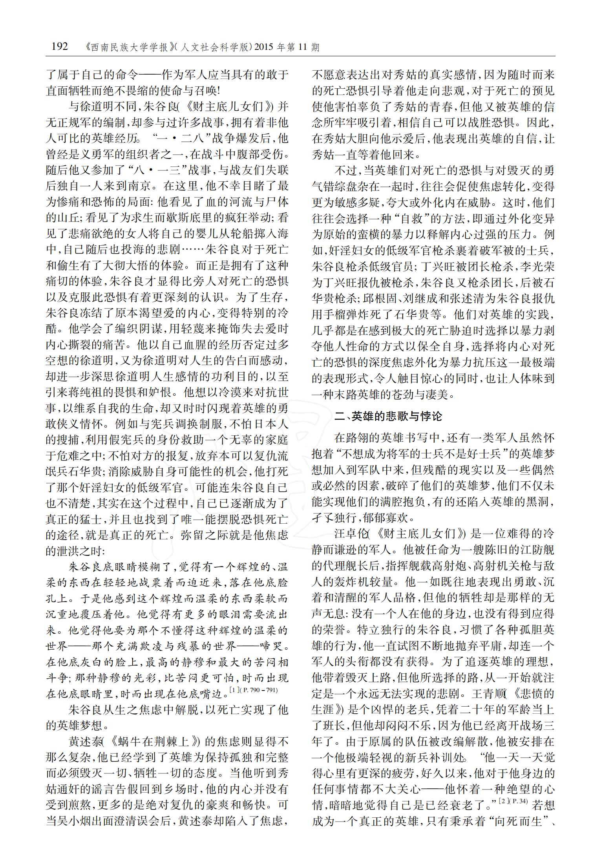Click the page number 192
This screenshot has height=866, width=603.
coord(60,47)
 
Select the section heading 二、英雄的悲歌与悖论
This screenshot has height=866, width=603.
coord(388,417)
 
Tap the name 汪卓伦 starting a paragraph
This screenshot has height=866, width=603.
coord(352,534)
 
